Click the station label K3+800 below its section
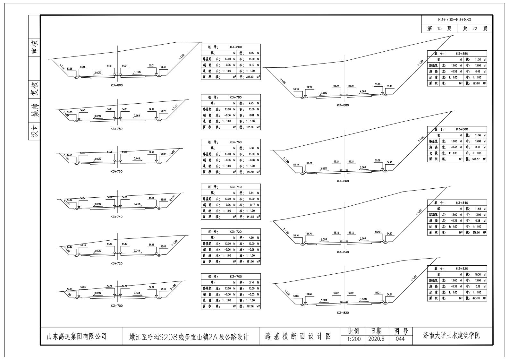click(x=116, y=85)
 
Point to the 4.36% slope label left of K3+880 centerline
click(x=323, y=93)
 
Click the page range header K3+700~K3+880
click(x=457, y=20)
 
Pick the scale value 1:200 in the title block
click(x=353, y=339)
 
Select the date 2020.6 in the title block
click(x=376, y=339)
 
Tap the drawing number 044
click(x=400, y=339)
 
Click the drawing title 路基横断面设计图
click(x=298, y=336)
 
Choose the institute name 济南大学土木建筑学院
click(x=452, y=336)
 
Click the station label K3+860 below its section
click(x=343, y=181)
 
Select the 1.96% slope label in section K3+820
click(x=363, y=299)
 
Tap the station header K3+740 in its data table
click(x=235, y=187)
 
